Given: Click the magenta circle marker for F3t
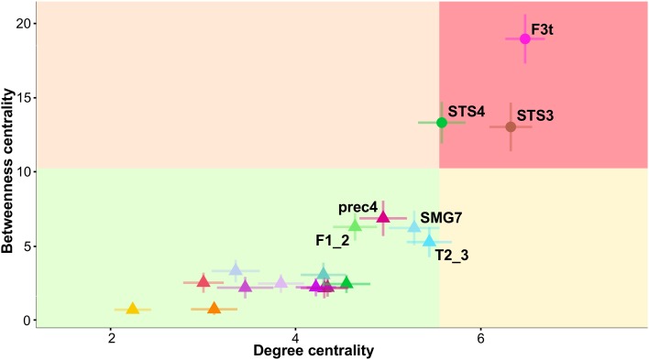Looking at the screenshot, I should tap(525, 38).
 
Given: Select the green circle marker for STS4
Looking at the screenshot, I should tap(442, 122).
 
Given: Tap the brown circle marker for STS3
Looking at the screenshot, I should tap(511, 126).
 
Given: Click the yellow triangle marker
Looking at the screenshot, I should tap(132, 309).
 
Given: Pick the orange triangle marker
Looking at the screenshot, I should tap(214, 309).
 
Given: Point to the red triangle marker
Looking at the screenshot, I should tap(203, 281).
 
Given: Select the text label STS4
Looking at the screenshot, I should tap(467, 111).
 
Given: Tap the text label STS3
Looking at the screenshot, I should tap(535, 116).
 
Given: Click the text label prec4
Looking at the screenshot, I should tap(357, 206).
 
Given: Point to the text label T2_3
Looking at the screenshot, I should tap(452, 255).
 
